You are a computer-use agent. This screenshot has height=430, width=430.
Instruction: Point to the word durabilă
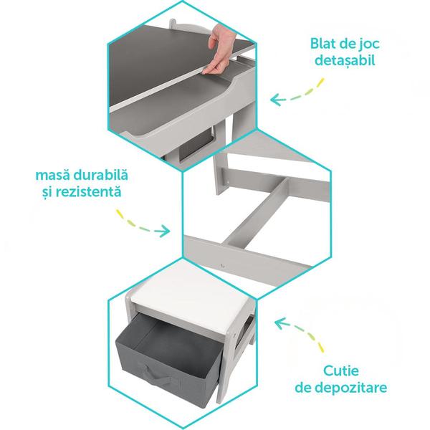point(100,176)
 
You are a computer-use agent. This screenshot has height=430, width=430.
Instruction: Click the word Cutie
point(341,371)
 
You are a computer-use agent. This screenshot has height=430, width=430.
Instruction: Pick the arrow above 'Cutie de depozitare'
point(300,334)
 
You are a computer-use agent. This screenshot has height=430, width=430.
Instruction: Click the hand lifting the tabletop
point(219,49)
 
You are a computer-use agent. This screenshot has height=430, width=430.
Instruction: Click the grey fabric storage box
point(168,362)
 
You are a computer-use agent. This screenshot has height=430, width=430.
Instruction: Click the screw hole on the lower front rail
point(222,265)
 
